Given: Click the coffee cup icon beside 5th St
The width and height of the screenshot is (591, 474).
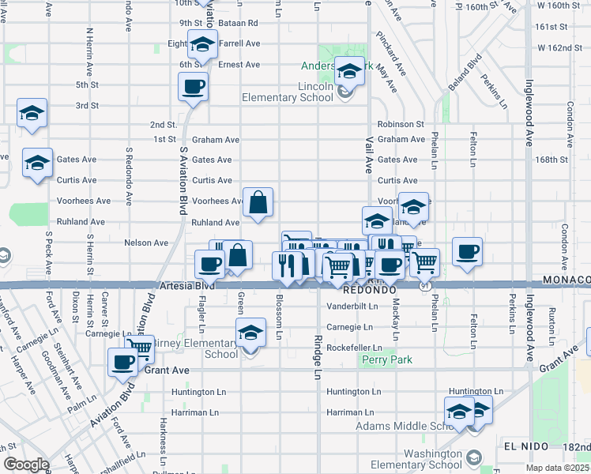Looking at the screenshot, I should (193, 86).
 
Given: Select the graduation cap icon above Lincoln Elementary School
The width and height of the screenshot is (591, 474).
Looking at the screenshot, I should (348, 72).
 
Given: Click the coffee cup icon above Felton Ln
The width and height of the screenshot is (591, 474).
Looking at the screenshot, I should (468, 251).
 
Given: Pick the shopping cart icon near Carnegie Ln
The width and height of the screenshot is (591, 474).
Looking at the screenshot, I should (140, 347).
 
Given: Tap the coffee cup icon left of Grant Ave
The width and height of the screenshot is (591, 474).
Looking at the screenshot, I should (122, 362).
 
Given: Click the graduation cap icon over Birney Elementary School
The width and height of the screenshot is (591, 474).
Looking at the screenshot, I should (251, 332).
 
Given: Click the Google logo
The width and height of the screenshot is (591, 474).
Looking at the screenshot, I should (26, 465).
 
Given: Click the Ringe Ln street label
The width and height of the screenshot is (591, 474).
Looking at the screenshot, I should (318, 355).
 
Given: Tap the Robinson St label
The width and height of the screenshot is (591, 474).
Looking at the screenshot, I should (401, 124).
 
